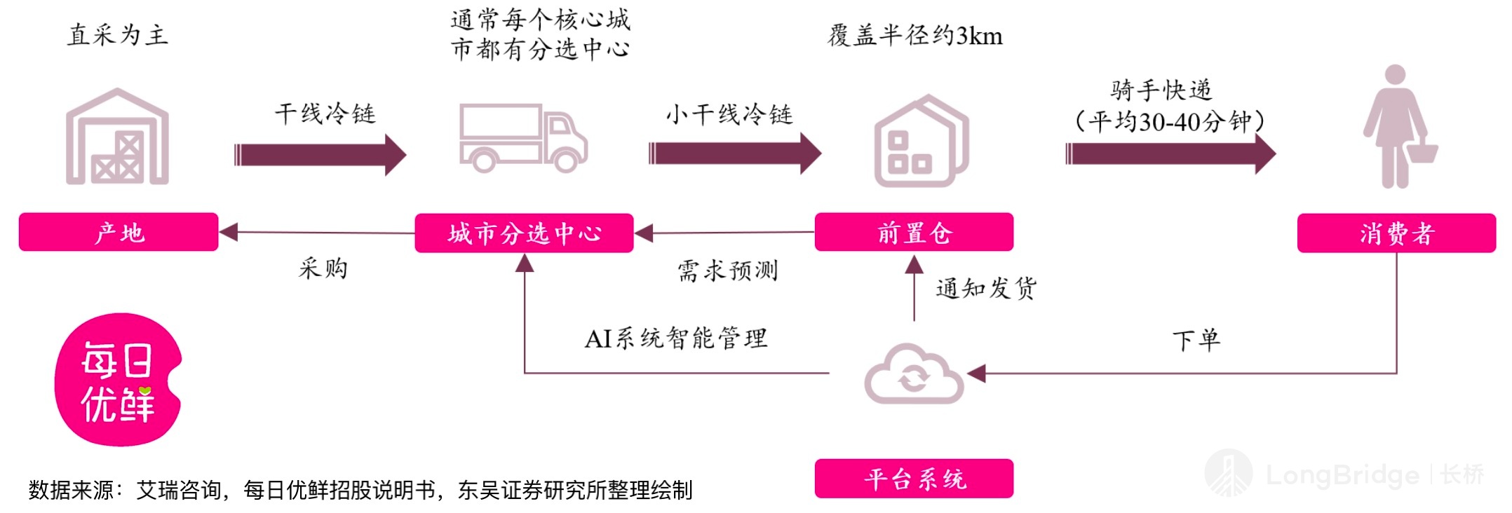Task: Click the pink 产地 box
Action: click(119, 232)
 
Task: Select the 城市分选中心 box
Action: click(524, 233)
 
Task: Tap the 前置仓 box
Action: click(914, 232)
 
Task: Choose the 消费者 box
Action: click(1396, 233)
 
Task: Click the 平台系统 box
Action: click(914, 479)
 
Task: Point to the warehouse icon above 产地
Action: click(117, 137)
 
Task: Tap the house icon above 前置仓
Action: click(921, 141)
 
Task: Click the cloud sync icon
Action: click(914, 374)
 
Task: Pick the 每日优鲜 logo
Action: click(118, 380)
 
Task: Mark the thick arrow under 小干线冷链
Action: click(734, 153)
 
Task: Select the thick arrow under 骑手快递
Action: click(1170, 153)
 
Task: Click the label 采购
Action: click(323, 268)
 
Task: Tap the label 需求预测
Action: click(727, 271)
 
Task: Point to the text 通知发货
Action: click(986, 288)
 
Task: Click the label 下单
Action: click(1196, 341)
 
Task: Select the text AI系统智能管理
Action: click(676, 338)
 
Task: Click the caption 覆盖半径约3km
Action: click(915, 35)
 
